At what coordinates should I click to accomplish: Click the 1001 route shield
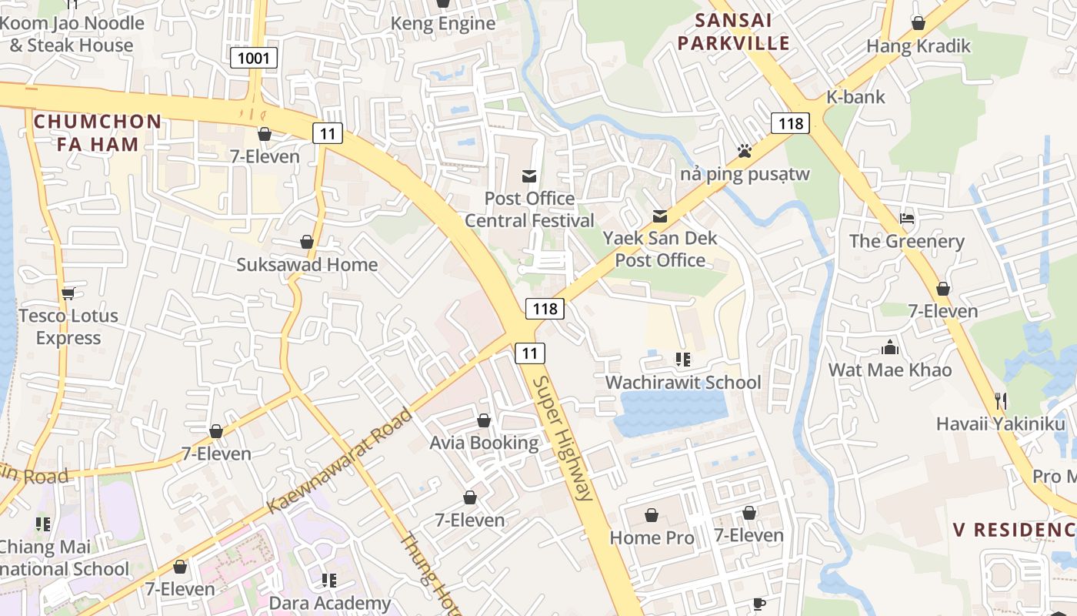tap(253, 58)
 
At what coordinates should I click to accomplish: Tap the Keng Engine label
tap(443, 24)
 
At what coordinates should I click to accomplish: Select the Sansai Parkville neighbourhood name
tap(733, 32)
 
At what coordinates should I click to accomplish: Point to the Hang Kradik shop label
tap(919, 46)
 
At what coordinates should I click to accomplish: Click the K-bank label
tap(855, 97)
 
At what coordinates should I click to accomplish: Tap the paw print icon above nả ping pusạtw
tap(744, 151)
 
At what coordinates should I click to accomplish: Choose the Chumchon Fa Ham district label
tap(98, 132)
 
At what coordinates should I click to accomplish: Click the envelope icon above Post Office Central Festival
tap(529, 177)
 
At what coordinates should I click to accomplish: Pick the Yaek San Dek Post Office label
tap(660, 249)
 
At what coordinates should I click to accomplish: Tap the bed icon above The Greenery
tap(907, 219)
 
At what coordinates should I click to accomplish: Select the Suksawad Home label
tap(307, 265)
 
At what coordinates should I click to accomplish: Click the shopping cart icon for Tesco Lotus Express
tap(68, 293)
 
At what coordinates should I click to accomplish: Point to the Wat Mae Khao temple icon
tap(890, 347)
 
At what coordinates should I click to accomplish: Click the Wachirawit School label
tap(683, 383)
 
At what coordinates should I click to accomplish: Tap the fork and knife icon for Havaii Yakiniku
tap(1000, 400)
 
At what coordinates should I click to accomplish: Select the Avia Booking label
tap(484, 443)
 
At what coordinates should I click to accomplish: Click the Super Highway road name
tap(564, 439)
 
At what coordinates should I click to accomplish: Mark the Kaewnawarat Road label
tap(340, 461)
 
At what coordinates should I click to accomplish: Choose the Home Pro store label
tap(652, 537)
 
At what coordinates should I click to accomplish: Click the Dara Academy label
tap(329, 603)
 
